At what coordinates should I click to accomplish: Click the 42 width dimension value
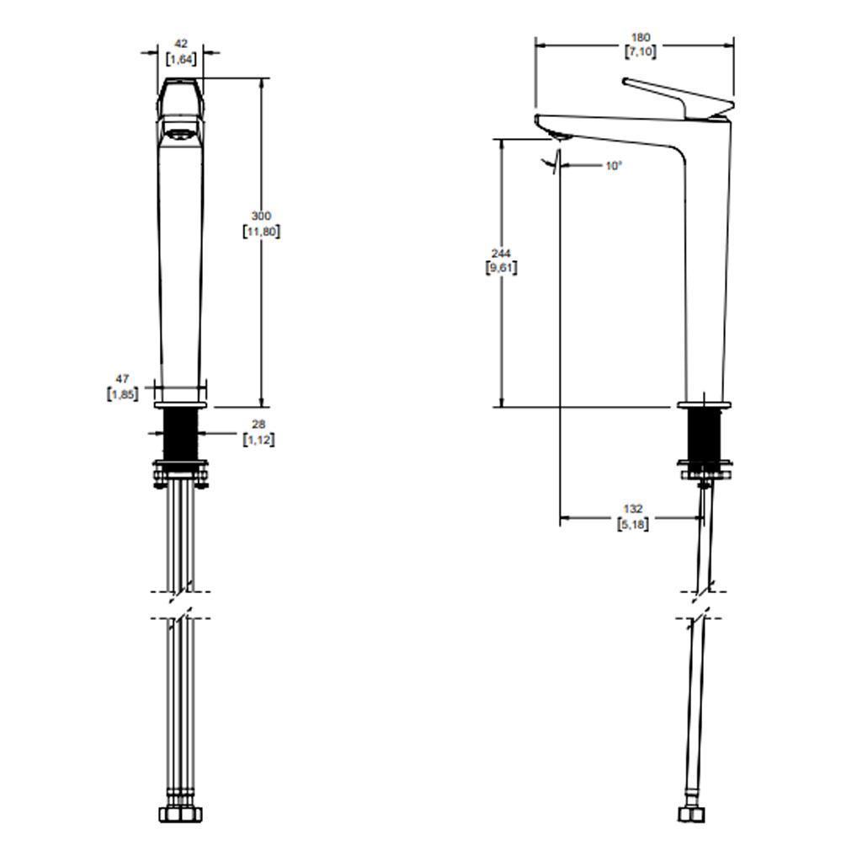pyautogui.click(x=181, y=44)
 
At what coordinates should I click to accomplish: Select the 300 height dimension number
pyautogui.click(x=261, y=216)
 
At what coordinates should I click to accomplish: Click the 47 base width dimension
pyautogui.click(x=122, y=379)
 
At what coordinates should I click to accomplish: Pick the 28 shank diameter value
pyautogui.click(x=258, y=425)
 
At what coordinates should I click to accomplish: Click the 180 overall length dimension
pyautogui.click(x=640, y=38)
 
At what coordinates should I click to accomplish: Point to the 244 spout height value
pyautogui.click(x=501, y=254)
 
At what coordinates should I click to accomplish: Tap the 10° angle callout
pyautogui.click(x=613, y=166)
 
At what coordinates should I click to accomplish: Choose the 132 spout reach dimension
pyautogui.click(x=633, y=509)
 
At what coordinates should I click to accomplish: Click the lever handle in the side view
pyautogui.click(x=678, y=99)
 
